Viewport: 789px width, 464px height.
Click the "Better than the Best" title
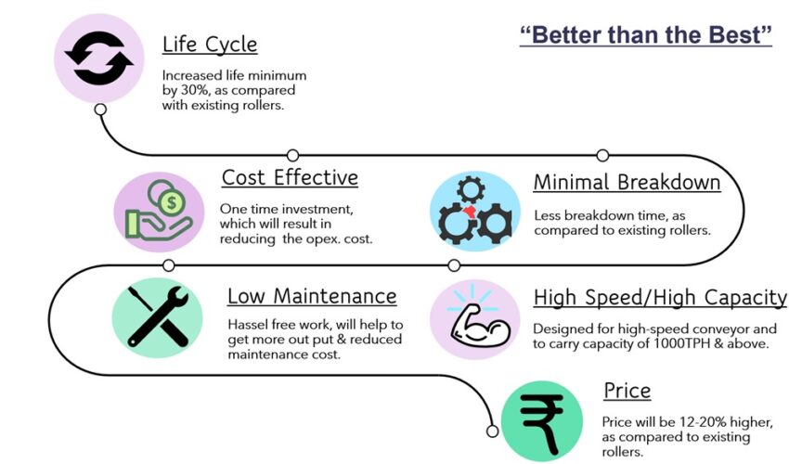[646, 35]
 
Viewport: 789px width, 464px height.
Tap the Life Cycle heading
[210, 45]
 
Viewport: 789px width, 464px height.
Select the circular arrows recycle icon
[99, 58]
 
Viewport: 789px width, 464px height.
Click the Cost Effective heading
[290, 177]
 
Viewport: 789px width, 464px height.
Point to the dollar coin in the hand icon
[172, 203]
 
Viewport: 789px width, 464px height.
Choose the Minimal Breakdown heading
[627, 182]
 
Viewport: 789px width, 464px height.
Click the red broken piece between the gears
[471, 212]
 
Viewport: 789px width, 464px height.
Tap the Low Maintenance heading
[312, 296]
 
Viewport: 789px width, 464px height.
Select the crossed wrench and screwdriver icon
[158, 317]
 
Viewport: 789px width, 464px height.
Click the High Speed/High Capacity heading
[660, 297]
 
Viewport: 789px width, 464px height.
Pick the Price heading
[627, 391]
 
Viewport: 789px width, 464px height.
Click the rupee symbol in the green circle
[542, 424]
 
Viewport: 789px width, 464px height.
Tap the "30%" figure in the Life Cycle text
[195, 91]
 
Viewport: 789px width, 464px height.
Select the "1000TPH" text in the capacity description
[682, 343]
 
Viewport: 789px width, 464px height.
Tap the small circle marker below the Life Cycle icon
[100, 110]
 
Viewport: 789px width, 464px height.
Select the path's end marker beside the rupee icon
[493, 432]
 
